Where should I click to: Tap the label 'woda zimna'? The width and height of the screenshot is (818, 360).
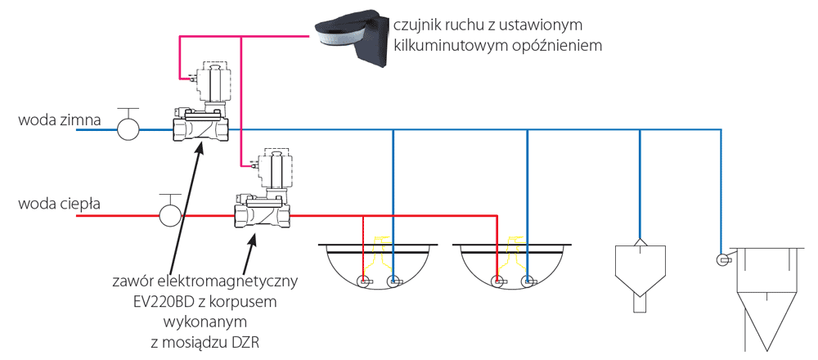59,121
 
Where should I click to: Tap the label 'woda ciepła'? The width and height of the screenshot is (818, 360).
59,204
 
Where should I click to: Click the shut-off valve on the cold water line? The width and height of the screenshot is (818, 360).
128,128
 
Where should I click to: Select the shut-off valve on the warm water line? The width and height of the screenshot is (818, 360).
169,214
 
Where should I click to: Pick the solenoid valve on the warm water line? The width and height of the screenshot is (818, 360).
264,192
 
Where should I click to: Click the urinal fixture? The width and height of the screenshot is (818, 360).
639,270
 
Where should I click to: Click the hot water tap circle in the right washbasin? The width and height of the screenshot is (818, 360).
497,282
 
